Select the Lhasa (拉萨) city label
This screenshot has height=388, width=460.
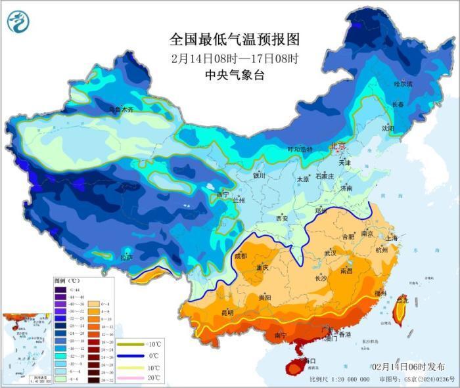126,257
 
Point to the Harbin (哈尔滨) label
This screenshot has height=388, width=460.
403,84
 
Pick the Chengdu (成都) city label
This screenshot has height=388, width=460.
240,256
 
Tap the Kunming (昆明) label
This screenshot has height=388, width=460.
226,312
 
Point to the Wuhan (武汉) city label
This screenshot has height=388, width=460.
330,253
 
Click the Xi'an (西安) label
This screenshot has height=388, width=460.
282,218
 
